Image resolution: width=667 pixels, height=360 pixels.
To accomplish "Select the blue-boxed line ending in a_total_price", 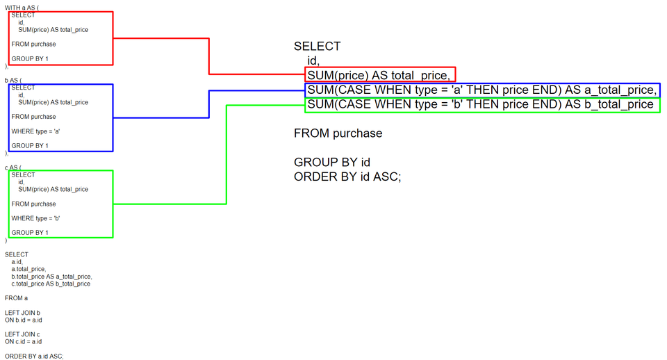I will [x=481, y=90].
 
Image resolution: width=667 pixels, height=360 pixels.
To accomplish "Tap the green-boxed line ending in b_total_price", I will [x=480, y=104].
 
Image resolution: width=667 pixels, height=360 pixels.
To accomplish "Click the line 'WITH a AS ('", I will [x=22, y=7].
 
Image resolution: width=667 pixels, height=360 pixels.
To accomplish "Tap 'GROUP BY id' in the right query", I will [x=331, y=163].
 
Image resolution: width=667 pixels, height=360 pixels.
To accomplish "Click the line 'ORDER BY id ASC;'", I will [x=347, y=177].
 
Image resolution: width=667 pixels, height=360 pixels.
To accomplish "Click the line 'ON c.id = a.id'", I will [x=24, y=341].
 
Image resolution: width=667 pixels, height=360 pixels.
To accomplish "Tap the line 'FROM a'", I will [x=17, y=298].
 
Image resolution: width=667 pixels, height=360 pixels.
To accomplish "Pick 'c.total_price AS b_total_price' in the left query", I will [x=51, y=284].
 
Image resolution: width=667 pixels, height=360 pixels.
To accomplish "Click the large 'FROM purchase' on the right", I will [x=338, y=133].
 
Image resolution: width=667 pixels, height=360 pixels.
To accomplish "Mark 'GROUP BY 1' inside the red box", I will [x=30, y=59].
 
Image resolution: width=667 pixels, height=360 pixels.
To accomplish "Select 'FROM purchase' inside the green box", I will [x=34, y=204].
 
